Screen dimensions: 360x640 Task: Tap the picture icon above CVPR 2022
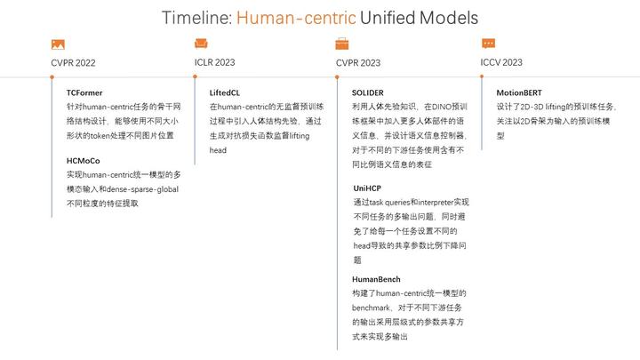[x=58, y=44]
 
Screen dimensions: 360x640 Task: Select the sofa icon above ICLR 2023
[x=201, y=43]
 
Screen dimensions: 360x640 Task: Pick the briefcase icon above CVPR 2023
[x=342, y=44]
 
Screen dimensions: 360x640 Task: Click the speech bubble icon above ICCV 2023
[x=488, y=43]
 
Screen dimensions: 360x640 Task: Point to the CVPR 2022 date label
[x=73, y=63]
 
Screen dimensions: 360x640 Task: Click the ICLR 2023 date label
[x=215, y=62]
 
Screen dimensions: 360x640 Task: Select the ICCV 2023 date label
[x=501, y=62]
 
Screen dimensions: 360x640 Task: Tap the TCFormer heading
[x=84, y=92]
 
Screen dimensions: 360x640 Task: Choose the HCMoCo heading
[x=84, y=160]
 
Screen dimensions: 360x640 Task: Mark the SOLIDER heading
[x=368, y=92]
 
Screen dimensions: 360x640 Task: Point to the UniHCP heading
[x=367, y=188]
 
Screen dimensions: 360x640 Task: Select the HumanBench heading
[x=376, y=279]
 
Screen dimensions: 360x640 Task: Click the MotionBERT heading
[x=519, y=92]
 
